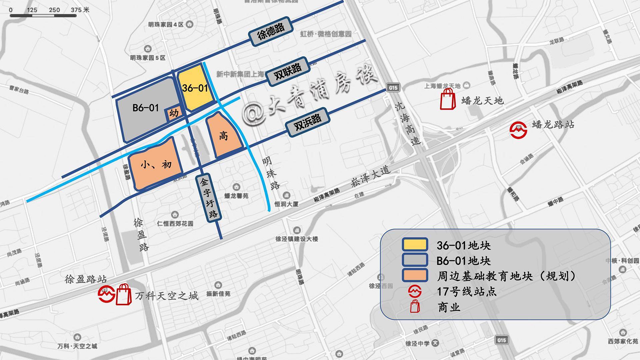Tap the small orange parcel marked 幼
click(x=174, y=114)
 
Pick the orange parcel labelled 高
click(x=223, y=136)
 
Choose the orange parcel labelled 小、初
click(x=156, y=164)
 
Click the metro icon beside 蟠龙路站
click(x=518, y=130)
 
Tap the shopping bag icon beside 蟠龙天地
click(x=448, y=99)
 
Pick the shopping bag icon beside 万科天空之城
click(x=124, y=294)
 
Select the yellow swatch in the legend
click(x=415, y=245)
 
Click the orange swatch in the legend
click(x=415, y=276)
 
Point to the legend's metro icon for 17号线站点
click(x=415, y=291)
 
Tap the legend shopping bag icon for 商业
click(x=415, y=306)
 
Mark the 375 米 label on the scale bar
click(x=80, y=10)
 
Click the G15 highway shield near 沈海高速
click(x=393, y=88)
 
